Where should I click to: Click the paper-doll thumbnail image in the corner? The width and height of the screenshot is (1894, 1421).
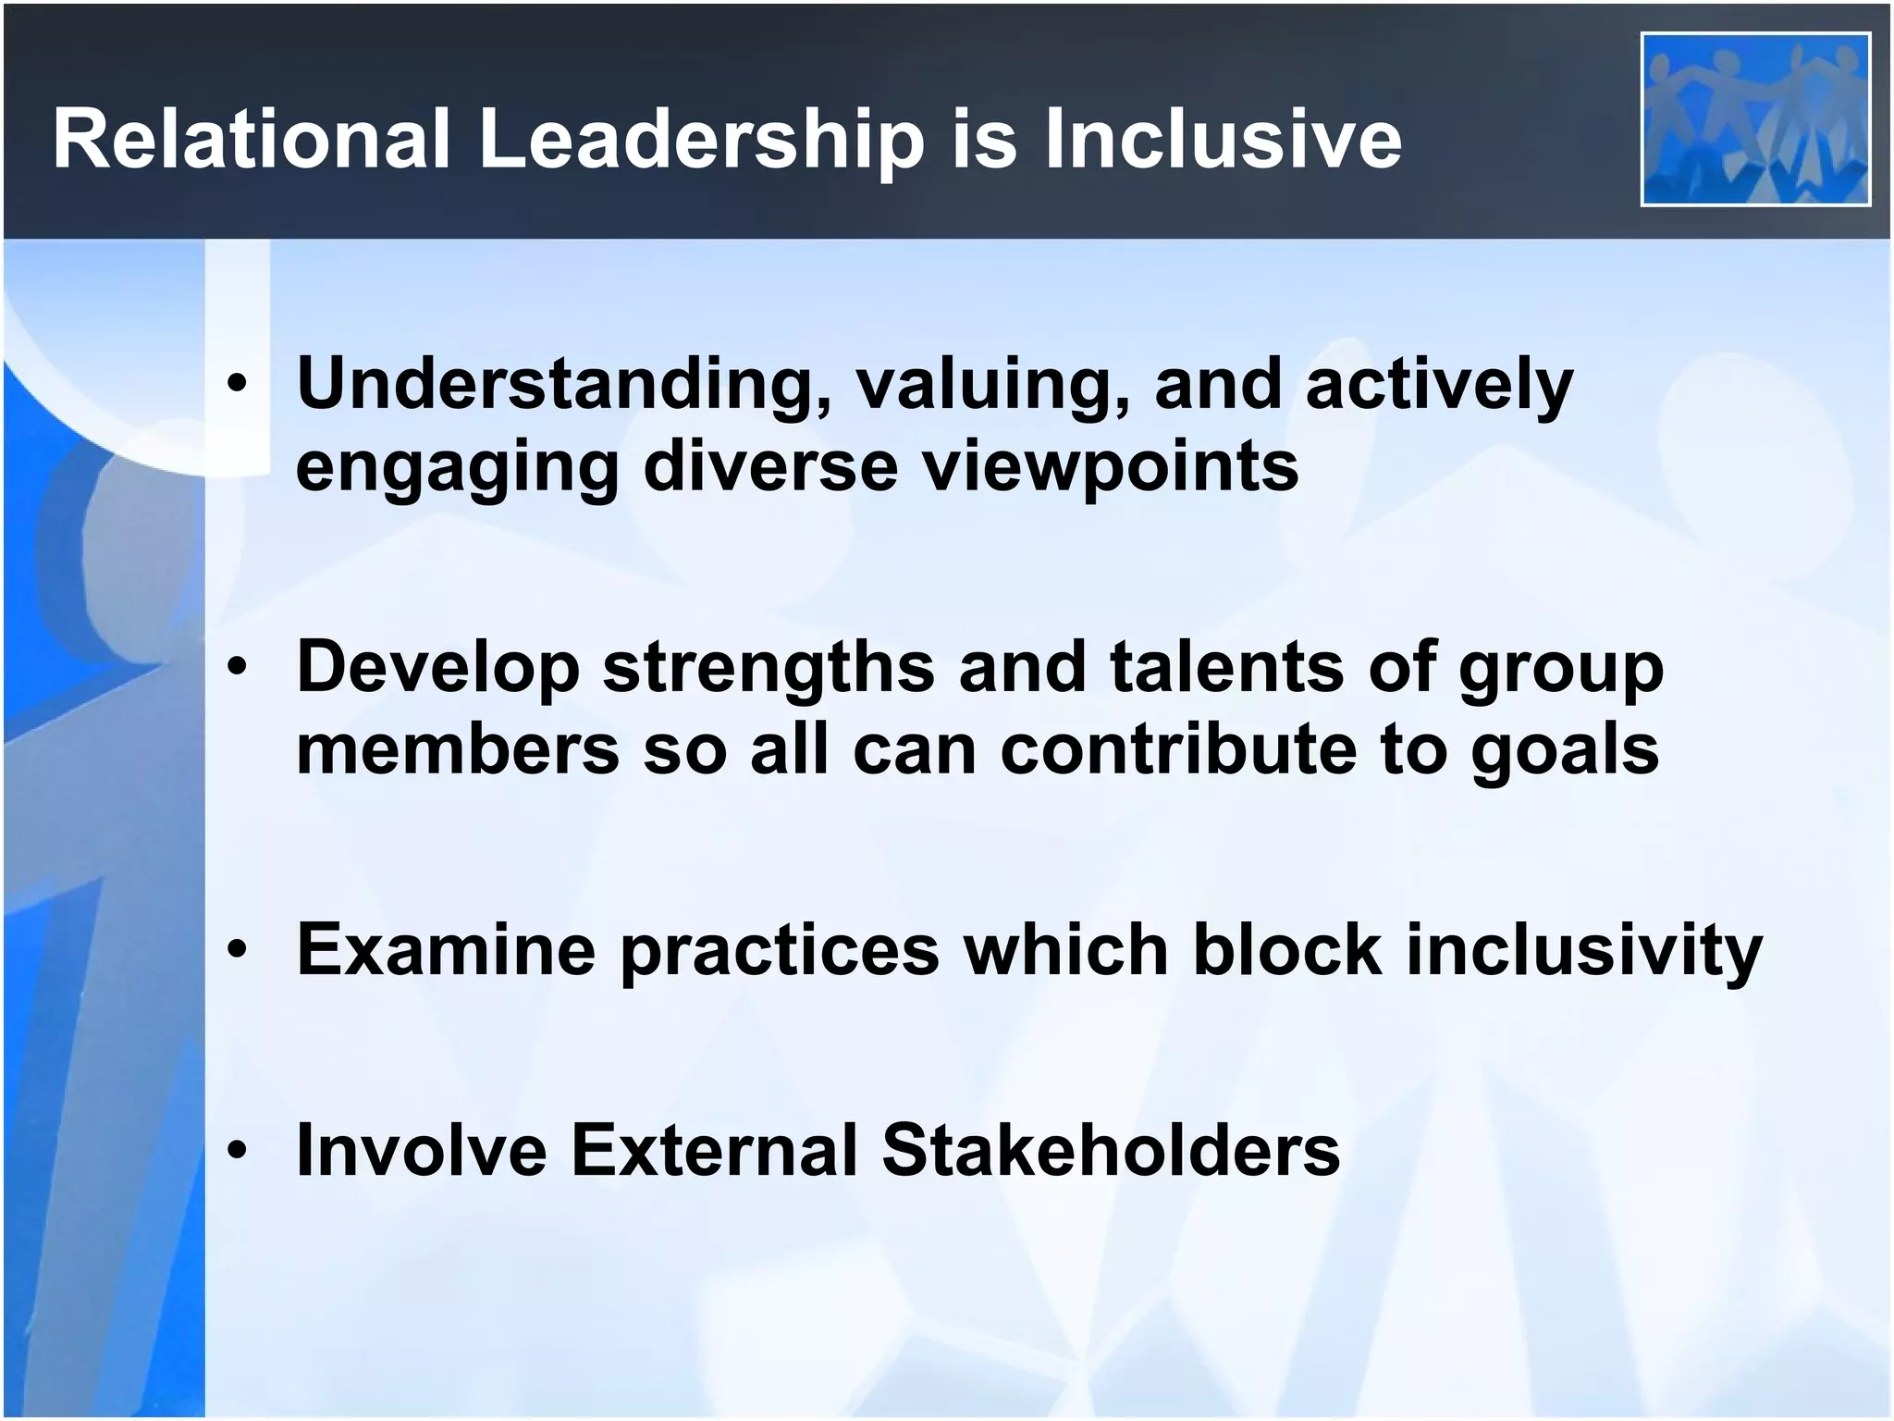click(1755, 118)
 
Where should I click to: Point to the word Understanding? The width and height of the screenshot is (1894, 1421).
click(563, 385)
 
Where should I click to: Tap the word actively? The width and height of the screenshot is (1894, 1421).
click(1439, 385)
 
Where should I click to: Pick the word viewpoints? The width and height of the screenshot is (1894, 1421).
click(1111, 466)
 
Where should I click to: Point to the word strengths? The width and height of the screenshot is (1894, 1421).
click(769, 668)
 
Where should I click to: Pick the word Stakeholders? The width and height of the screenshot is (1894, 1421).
click(1111, 1150)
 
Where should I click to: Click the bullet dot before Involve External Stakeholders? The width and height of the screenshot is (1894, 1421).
click(239, 1150)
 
